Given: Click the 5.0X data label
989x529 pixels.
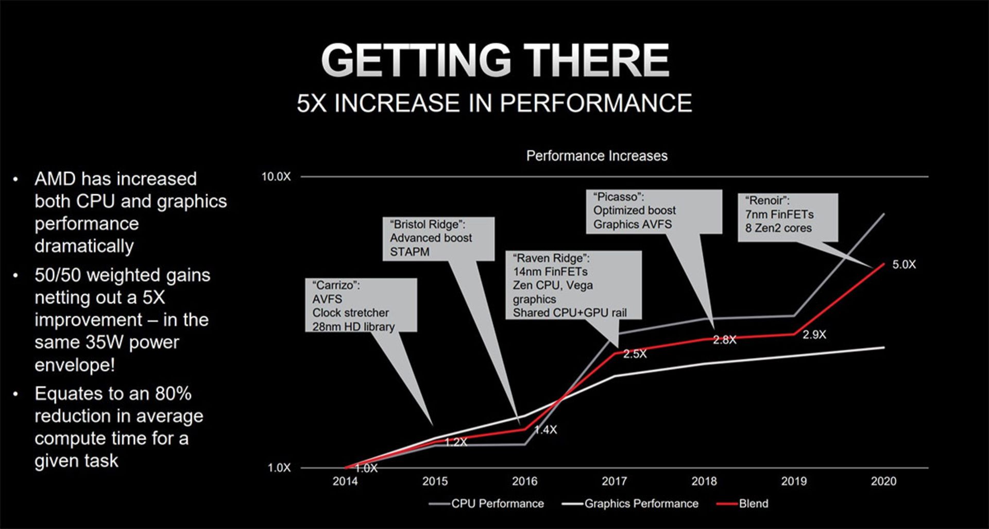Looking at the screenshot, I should click(x=904, y=264).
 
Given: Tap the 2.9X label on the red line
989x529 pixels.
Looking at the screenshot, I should click(x=814, y=335).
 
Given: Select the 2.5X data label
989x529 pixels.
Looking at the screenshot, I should click(x=635, y=354).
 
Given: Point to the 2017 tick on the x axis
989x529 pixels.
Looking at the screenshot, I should click(x=614, y=481).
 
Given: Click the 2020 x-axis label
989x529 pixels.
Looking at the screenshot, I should click(x=883, y=481).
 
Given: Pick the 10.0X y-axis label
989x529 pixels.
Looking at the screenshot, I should click(x=276, y=177).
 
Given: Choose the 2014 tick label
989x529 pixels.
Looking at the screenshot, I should click(x=345, y=481).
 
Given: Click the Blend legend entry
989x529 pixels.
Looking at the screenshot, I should click(x=753, y=504).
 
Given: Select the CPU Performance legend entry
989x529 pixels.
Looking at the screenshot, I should click(x=497, y=504).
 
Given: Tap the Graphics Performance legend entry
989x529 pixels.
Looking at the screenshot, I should click(x=641, y=504).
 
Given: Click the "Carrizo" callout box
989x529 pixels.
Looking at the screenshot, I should click(x=361, y=305).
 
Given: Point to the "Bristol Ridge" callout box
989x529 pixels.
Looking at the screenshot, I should click(x=438, y=239).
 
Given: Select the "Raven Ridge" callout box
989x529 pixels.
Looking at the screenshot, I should click(x=573, y=285).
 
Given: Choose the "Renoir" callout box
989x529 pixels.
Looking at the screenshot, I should click(x=788, y=217).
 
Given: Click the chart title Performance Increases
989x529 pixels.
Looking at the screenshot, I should click(x=596, y=156).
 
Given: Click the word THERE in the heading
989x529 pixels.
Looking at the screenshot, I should click(x=596, y=60).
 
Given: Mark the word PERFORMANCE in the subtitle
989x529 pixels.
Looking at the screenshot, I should click(x=595, y=103).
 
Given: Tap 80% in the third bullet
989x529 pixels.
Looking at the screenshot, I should click(x=173, y=394).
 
